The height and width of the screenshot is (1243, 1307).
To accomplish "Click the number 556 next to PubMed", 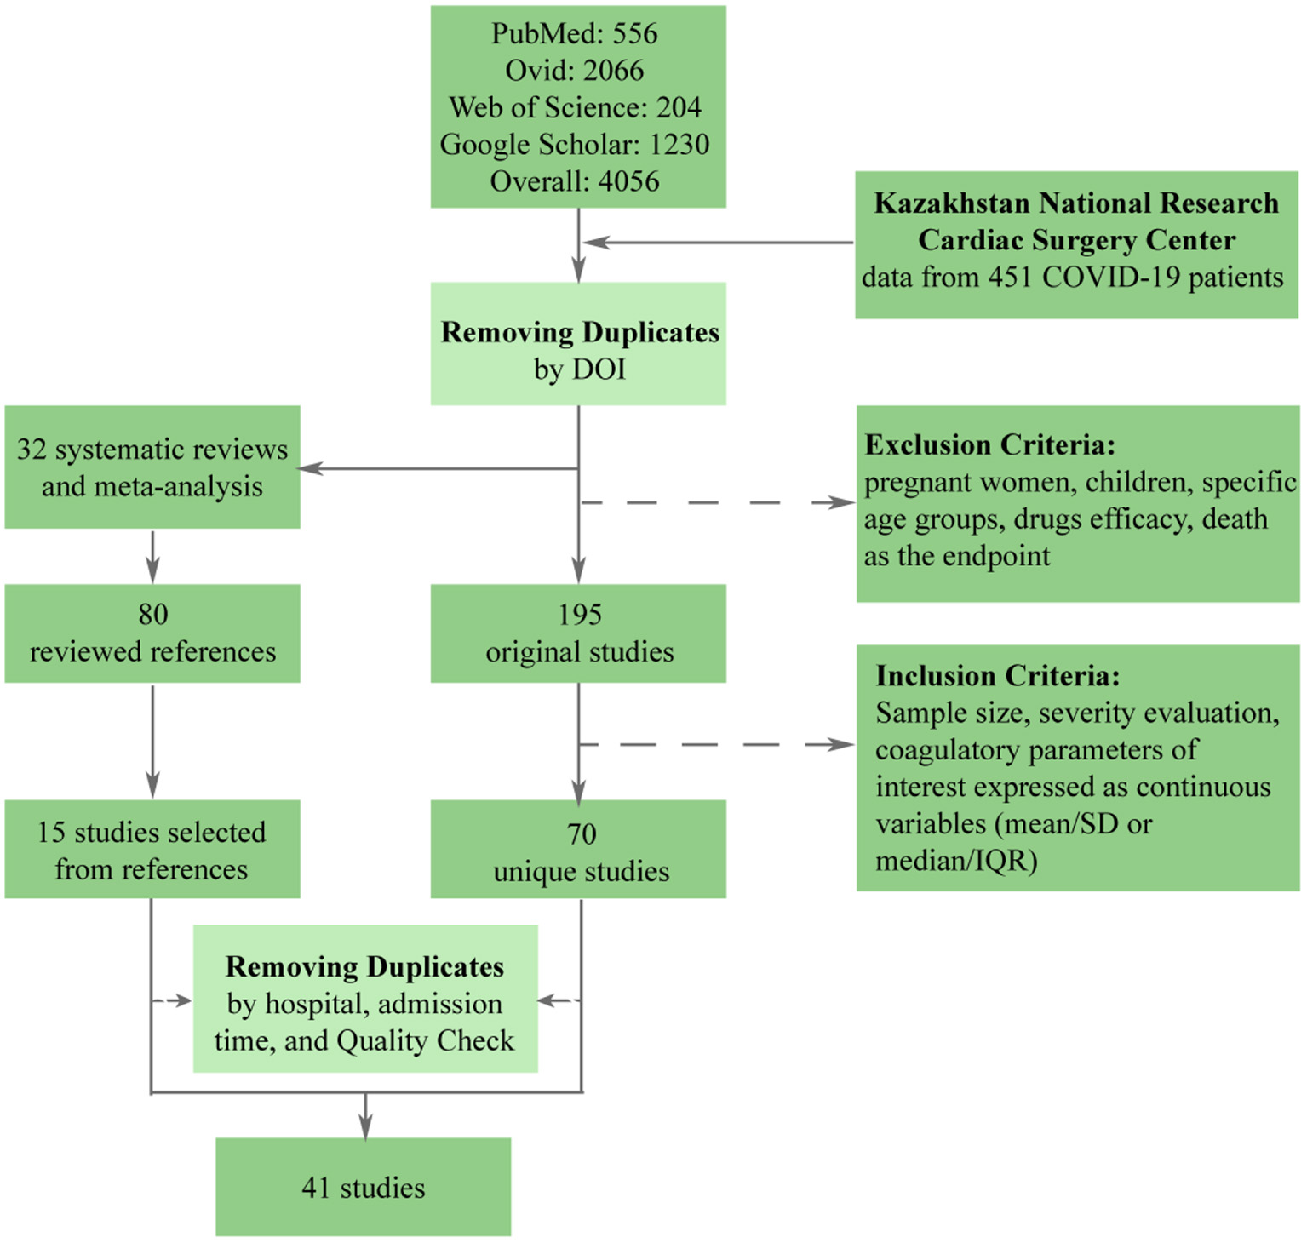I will click(x=635, y=34).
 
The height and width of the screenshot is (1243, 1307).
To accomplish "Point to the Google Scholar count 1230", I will click(x=679, y=145).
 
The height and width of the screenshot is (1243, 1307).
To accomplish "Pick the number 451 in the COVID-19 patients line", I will click(x=1011, y=278).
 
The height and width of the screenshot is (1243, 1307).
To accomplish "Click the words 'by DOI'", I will click(x=579, y=369).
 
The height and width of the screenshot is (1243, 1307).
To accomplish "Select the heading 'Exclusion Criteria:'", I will click(x=989, y=445).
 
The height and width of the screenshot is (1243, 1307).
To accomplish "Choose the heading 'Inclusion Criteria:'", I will click(x=997, y=676).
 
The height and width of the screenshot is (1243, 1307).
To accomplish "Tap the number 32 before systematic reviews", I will click(x=32, y=450).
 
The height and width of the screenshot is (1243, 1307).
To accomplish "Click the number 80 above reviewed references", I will click(x=153, y=615).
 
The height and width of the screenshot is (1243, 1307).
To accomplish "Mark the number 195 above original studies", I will click(x=579, y=615).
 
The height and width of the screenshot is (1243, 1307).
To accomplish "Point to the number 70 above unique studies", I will click(x=581, y=834).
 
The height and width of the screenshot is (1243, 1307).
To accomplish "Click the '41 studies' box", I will click(x=364, y=1188).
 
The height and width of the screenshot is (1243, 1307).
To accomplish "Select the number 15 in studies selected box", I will click(x=51, y=833).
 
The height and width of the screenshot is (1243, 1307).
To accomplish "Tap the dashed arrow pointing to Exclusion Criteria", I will click(x=715, y=503).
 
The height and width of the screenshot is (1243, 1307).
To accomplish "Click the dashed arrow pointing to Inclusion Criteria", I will click(x=715, y=745).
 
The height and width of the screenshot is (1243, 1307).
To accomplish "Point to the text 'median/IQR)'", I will click(x=956, y=862).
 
